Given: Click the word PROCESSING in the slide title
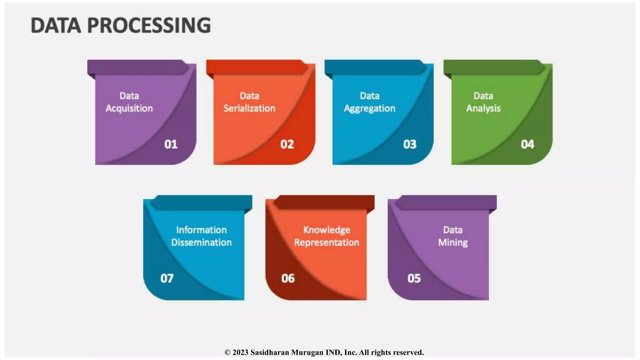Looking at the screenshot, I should pos(149,25).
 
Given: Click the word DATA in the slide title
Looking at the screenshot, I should pos(56,25).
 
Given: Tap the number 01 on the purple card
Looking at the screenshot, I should pos(171,144).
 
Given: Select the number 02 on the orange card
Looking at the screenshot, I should pos(287,144).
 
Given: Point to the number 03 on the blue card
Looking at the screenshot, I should pos(410,144).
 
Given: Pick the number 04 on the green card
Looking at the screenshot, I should pos(527,144).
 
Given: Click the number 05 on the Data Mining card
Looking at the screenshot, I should pos(414,278).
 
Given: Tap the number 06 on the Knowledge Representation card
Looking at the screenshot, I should pos(288,278).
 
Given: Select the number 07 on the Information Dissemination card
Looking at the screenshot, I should pos(167,278).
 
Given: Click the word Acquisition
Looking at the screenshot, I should pos(129,108).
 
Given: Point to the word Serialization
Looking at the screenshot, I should pos(249,108).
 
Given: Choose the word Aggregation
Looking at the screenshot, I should pos(370,109).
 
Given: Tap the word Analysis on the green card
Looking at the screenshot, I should pos(483,108).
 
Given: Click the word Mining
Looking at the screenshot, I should pos(453,243).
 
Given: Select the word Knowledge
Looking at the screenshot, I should pos(327,230).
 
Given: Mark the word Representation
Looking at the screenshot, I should pos(327,242).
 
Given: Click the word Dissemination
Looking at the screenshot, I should pos(202,242).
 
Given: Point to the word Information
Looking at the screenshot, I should pos(202,230).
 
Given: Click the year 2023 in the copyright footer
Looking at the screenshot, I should pos(240,352).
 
